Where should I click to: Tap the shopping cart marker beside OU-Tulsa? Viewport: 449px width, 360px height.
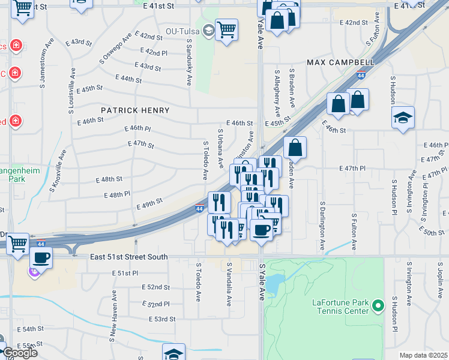226,29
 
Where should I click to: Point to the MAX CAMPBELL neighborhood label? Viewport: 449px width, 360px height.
341,62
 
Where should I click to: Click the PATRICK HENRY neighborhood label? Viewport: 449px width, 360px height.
135,110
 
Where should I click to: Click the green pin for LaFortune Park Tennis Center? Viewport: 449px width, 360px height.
378,307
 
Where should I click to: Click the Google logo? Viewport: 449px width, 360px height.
19,352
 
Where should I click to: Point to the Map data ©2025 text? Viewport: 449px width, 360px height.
424,355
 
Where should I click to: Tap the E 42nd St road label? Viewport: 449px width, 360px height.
353,23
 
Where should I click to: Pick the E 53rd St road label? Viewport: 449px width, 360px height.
163,319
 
